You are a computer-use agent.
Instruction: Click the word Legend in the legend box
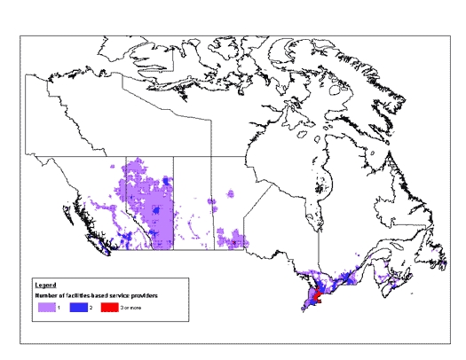pyautogui.click(x=44, y=286)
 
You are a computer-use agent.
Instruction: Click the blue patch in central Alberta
pyautogui.click(x=156, y=211)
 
